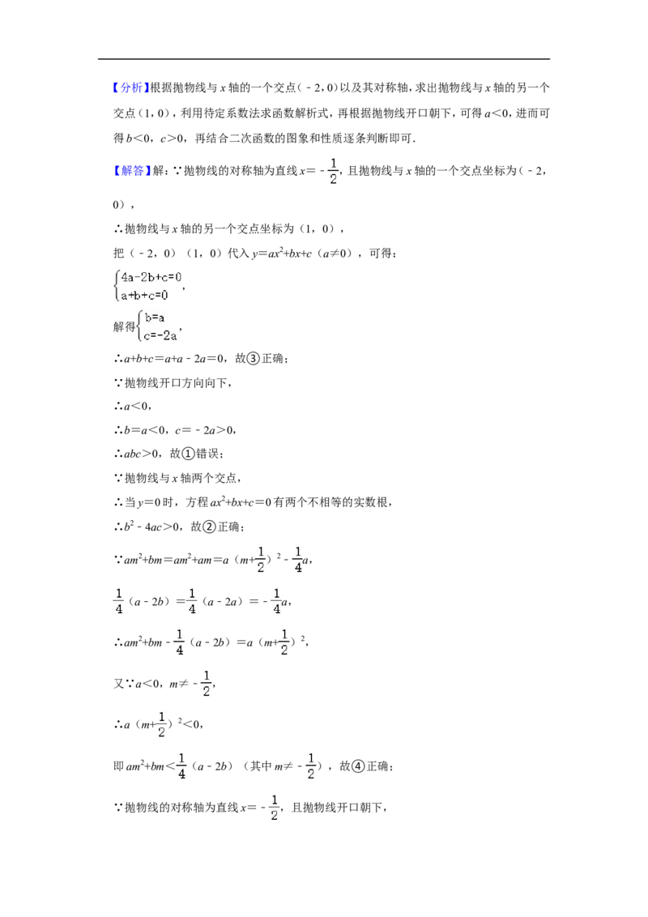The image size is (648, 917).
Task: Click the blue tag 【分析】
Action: point(131,87)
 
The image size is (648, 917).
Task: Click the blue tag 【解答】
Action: point(131,171)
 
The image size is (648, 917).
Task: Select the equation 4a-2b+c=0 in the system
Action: point(151,277)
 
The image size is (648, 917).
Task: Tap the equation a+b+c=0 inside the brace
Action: point(144,296)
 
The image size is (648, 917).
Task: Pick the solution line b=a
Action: point(155,318)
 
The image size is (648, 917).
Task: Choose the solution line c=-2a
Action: point(160,335)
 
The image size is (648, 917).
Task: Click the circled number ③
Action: point(253,359)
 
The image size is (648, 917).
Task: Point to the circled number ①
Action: point(188,454)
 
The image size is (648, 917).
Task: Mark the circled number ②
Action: point(209,527)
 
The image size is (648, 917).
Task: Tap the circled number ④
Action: point(358,766)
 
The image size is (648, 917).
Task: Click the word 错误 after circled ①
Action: point(207,454)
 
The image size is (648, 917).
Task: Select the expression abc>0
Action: point(141,454)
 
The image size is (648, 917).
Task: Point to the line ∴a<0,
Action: point(133,406)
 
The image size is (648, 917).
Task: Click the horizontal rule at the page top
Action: point(324,58)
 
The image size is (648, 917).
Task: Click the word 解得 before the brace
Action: point(124,326)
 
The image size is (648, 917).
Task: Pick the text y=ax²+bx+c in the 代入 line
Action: point(282,254)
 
